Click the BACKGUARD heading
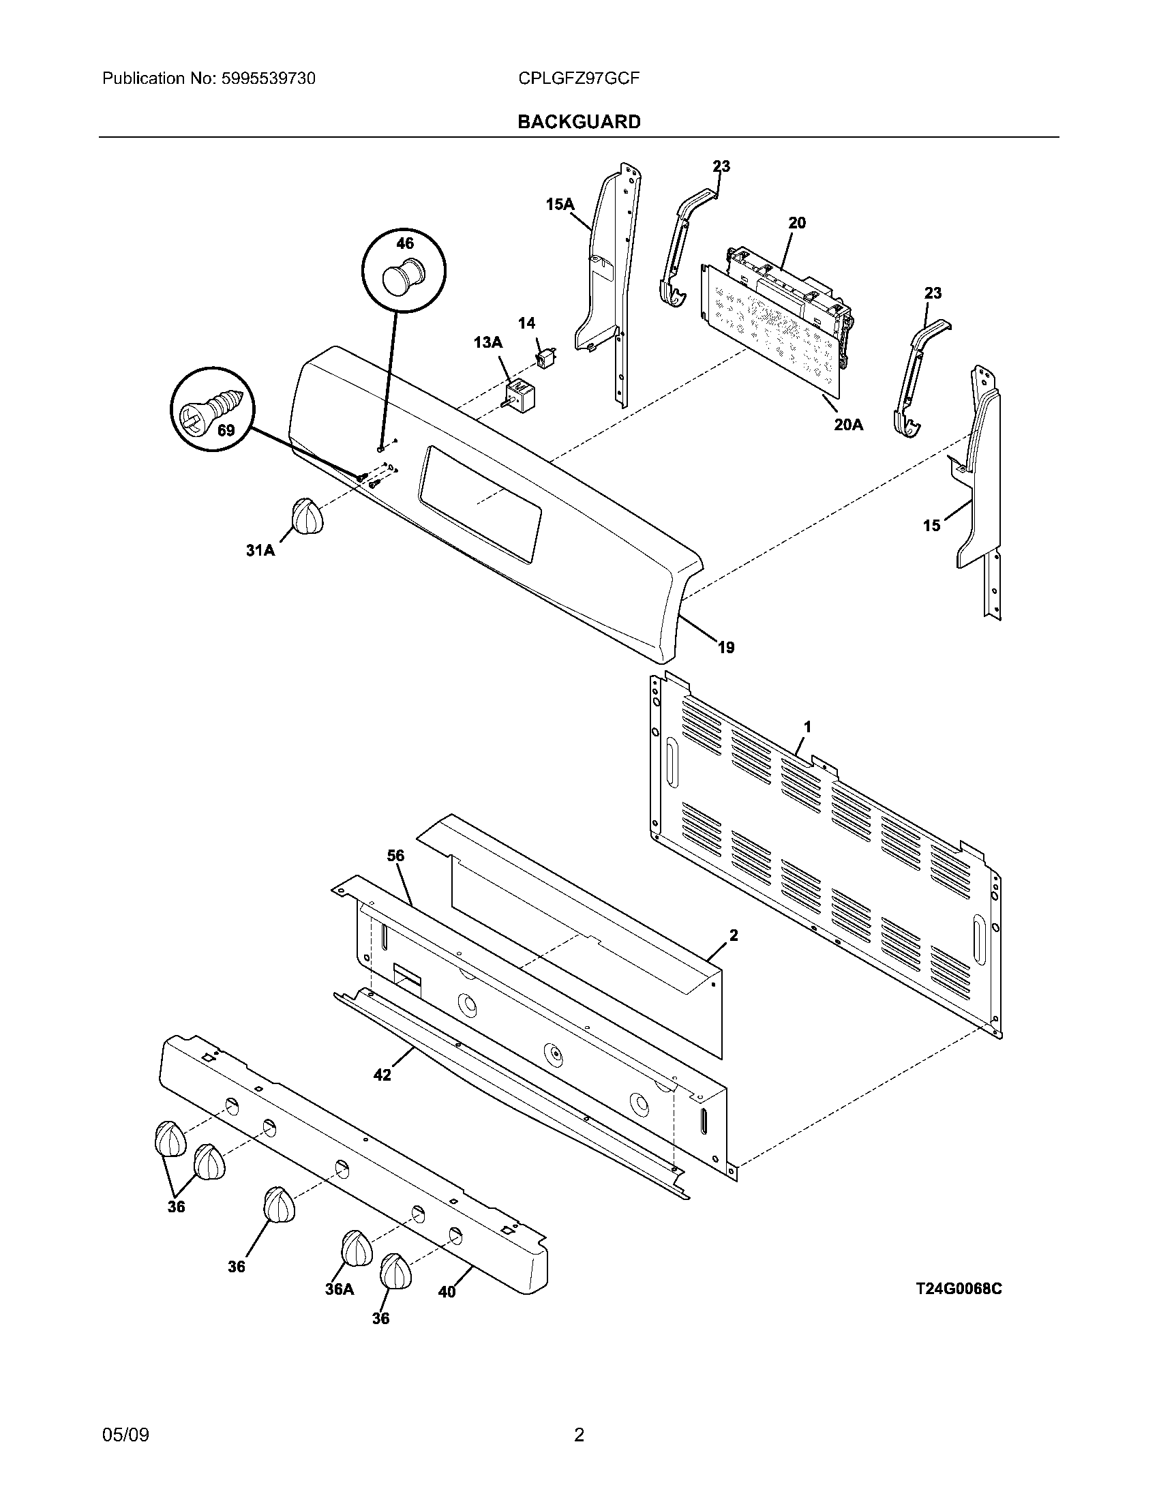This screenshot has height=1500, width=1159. (579, 121)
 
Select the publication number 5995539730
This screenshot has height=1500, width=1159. (269, 78)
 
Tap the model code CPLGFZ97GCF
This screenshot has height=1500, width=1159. (579, 78)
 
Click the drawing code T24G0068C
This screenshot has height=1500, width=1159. (959, 1289)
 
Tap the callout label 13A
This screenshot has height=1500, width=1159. (487, 342)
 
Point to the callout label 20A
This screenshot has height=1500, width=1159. (848, 425)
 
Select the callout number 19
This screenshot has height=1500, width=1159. (726, 647)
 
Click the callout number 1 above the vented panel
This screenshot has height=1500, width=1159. (808, 727)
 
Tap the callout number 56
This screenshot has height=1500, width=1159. (395, 856)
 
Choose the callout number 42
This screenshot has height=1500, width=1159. (382, 1075)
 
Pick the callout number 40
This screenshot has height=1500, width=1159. (447, 1292)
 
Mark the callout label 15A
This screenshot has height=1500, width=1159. (560, 203)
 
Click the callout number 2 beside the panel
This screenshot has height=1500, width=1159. (734, 935)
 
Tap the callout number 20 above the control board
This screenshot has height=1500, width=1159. (797, 222)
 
